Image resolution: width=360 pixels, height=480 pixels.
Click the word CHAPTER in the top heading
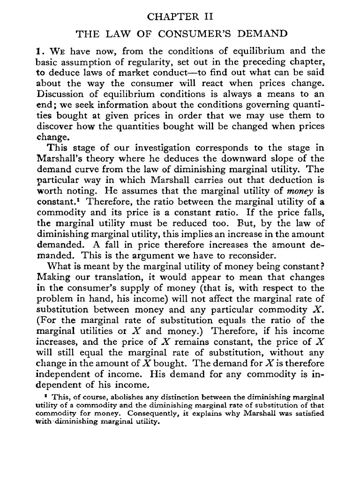(x=170, y=17)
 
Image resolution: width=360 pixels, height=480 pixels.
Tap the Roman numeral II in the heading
(x=207, y=17)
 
